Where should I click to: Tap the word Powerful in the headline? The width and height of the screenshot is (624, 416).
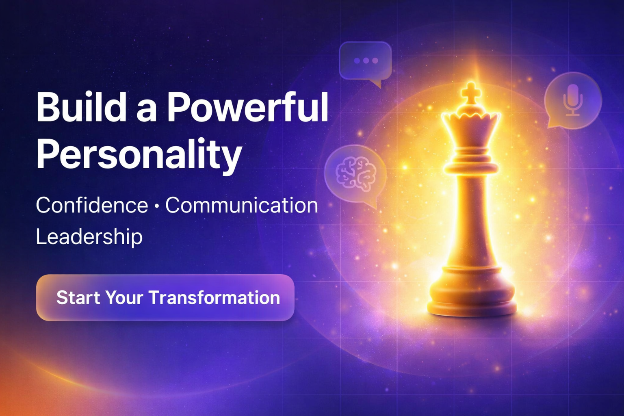tap(247, 108)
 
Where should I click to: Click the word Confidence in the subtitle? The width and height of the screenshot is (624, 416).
tap(92, 205)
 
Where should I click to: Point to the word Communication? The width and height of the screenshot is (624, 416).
tap(242, 205)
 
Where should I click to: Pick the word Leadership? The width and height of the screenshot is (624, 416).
tap(89, 237)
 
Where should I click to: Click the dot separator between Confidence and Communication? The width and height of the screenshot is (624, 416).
tap(156, 206)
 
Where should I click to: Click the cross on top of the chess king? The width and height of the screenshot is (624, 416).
tap(470, 93)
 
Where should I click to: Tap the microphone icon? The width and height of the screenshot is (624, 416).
tap(573, 100)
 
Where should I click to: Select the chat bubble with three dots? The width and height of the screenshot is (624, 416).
tap(366, 63)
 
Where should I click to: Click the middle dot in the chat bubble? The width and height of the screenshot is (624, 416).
tap(366, 61)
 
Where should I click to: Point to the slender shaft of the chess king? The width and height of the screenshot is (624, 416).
tap(471, 220)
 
